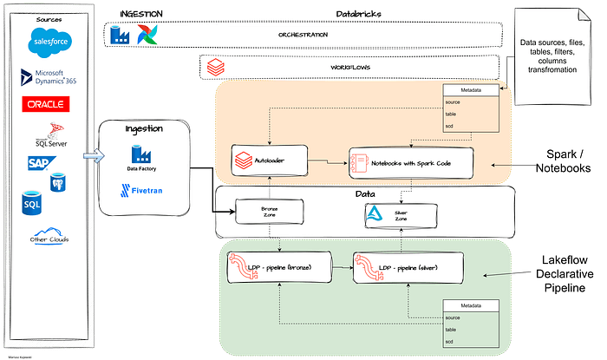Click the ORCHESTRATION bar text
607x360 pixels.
click(x=302, y=35)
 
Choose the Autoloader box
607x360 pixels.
click(x=262, y=160)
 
